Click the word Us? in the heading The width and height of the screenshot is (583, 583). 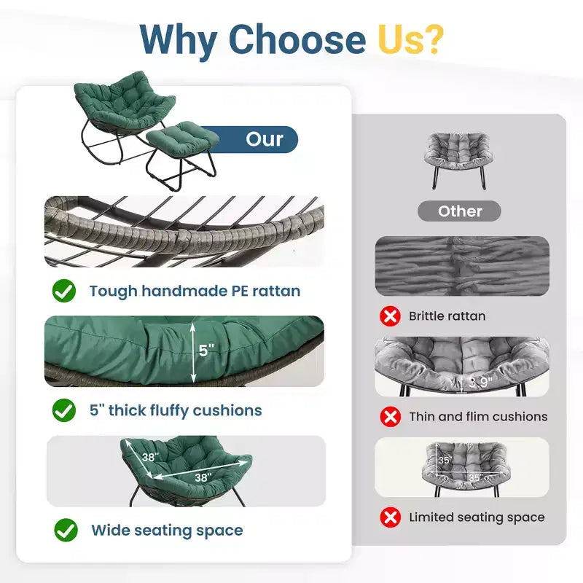tap(411, 39)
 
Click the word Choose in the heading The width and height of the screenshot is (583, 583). tap(297, 39)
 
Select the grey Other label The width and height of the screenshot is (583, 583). tap(460, 211)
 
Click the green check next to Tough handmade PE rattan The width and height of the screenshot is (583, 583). tap(64, 290)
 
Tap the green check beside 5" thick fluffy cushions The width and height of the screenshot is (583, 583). tap(64, 410)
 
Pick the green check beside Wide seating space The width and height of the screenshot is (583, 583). tap(66, 530)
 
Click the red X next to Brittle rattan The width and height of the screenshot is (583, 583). tap(390, 316)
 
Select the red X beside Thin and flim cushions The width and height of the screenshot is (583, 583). tap(391, 416)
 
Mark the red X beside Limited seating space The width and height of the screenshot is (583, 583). tap(391, 517)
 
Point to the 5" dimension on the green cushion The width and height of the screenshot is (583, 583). tap(206, 351)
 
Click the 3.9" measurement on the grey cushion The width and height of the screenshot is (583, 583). tap(480, 382)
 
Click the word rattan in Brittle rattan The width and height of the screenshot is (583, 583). tap(468, 316)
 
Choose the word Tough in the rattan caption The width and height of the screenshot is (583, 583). tap(114, 291)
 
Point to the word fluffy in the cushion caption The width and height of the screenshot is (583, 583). tap(169, 411)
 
